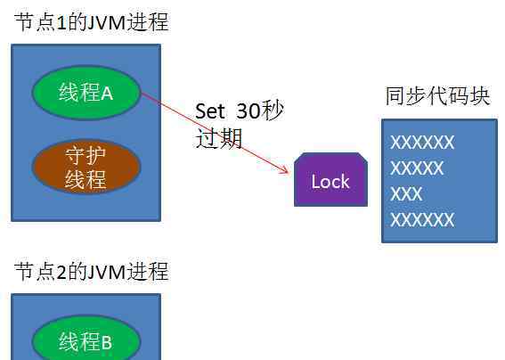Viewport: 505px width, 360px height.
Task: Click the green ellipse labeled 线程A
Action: (86, 93)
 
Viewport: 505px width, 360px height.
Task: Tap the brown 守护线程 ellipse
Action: (86, 167)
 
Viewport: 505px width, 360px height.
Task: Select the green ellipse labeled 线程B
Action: (86, 338)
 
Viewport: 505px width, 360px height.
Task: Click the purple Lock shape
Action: (330, 179)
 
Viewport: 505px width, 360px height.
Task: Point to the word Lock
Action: (330, 182)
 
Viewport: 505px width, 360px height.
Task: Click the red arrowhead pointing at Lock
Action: (284, 169)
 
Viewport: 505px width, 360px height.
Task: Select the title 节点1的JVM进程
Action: (92, 22)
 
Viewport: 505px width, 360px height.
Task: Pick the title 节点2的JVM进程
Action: (92, 272)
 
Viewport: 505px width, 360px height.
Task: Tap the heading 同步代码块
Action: (437, 95)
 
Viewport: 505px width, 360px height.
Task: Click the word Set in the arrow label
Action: (209, 111)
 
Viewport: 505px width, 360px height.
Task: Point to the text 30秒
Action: (259, 110)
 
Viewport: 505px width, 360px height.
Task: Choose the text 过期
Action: (219, 139)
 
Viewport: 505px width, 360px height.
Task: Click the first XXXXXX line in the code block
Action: (422, 143)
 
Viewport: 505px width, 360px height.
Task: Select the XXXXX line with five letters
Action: (417, 168)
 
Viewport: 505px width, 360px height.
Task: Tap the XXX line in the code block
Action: (406, 193)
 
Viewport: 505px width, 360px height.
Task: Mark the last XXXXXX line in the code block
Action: (422, 220)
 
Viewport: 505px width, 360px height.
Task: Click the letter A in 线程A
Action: (107, 94)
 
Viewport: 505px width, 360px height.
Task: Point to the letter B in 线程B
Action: (107, 342)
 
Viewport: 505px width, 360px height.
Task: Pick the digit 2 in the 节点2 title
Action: (61, 272)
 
